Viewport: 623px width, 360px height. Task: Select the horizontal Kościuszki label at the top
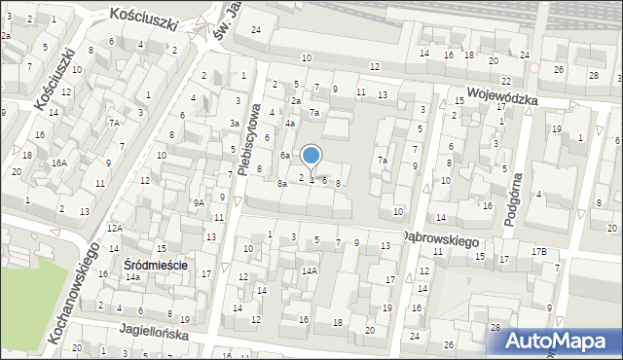(144, 15)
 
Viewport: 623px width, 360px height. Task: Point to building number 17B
(538, 252)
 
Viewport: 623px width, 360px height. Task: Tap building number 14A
(309, 270)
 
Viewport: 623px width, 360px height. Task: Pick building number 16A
(59, 162)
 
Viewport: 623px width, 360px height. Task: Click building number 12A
(114, 228)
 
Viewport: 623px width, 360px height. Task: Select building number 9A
(198, 202)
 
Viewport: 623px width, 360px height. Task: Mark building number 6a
(285, 156)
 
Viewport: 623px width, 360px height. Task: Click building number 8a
(281, 183)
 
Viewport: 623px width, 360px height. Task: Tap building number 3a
(235, 124)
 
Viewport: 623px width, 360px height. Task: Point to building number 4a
(290, 124)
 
